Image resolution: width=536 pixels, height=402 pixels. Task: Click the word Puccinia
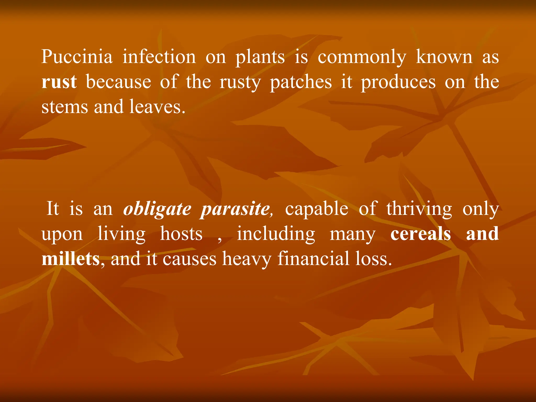pyautogui.click(x=77, y=57)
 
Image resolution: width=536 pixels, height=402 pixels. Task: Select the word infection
pyautogui.click(x=159, y=57)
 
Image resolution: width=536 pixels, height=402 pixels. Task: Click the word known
pyautogui.click(x=444, y=57)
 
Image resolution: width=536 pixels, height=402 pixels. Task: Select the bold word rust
pyautogui.click(x=59, y=82)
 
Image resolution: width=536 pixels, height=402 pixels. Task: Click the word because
pyautogui.click(x=119, y=82)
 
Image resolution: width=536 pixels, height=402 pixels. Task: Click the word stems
pyautogui.click(x=65, y=107)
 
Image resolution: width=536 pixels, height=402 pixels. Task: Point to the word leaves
pyautogui.click(x=157, y=107)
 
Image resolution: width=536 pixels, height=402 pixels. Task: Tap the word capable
pyautogui.click(x=317, y=209)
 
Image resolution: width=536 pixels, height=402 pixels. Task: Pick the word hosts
pyautogui.click(x=181, y=234)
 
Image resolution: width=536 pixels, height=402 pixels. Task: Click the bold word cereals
pyautogui.click(x=421, y=234)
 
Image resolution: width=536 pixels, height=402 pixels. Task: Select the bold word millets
pyautogui.click(x=71, y=259)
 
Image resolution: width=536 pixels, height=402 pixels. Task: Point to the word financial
pyautogui.click(x=313, y=259)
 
